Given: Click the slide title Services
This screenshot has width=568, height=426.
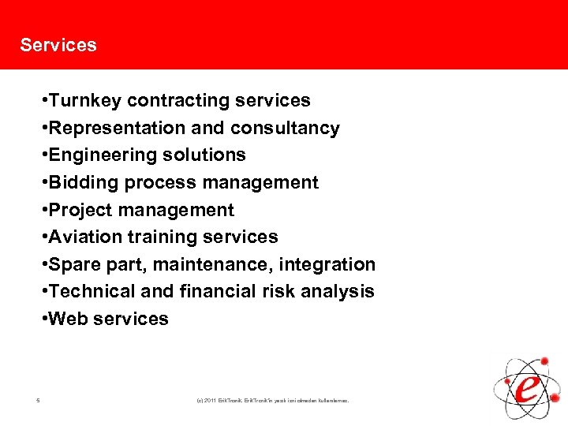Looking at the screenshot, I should pos(58,45).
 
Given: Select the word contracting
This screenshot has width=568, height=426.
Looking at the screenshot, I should pos(174,101).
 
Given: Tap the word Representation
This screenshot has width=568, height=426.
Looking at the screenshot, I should pos(109,128).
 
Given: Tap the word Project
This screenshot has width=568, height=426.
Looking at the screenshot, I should pos(79,210).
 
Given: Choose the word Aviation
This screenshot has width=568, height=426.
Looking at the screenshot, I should pos(84,237).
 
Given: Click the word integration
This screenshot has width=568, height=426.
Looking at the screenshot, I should pos(333,264).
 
